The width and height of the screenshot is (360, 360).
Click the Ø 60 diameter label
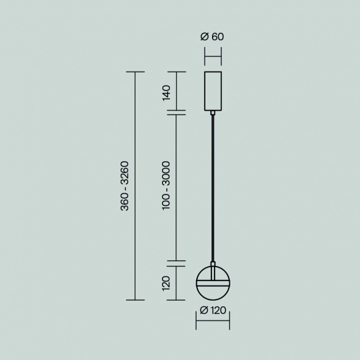click(x=212, y=36)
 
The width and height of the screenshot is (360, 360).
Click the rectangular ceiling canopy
click(x=212, y=91)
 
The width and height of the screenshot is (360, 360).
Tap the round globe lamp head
click(x=212, y=292)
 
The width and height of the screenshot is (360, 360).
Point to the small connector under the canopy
click(x=212, y=112)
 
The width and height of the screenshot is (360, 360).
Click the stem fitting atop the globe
click(x=212, y=265)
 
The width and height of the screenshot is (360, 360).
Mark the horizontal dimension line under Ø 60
click(x=212, y=59)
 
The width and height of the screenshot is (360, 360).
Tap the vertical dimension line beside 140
click(x=176, y=92)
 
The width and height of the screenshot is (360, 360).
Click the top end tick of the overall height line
click(x=135, y=72)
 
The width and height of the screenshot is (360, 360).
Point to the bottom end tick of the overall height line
click(x=135, y=300)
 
